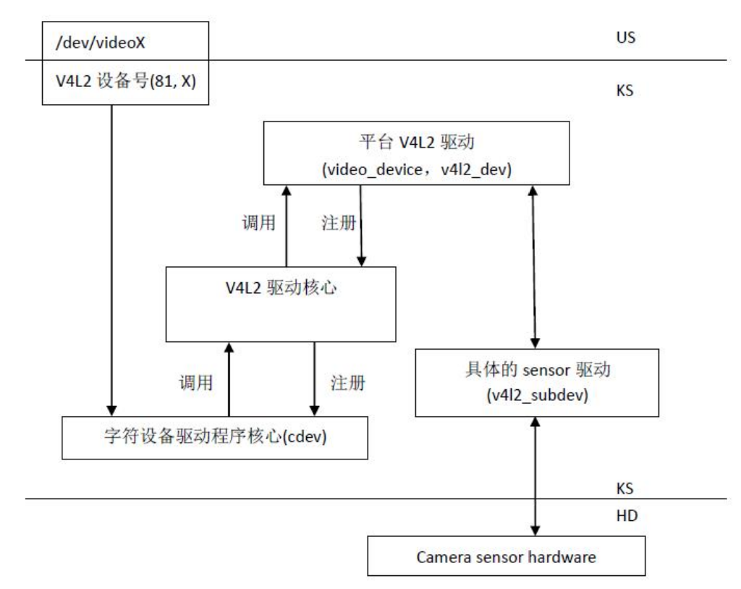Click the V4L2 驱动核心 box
click(281, 304)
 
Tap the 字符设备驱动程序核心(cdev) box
click(214, 437)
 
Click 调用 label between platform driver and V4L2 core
click(258, 224)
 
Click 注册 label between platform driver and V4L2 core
click(336, 224)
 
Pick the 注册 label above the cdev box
click(347, 383)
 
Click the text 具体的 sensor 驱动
click(536, 372)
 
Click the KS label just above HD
click(626, 488)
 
